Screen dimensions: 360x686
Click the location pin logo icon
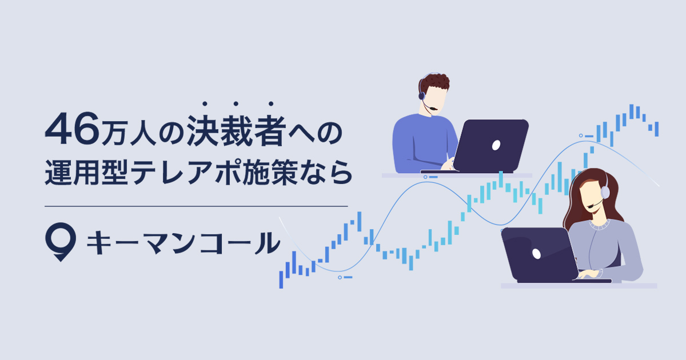click(x=60, y=242)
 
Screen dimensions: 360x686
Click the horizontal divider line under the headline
click(x=196, y=206)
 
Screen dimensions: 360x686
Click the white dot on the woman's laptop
click(x=536, y=253)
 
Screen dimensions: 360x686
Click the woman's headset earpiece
click(x=604, y=192)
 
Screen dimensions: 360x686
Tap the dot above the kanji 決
click(x=205, y=104)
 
